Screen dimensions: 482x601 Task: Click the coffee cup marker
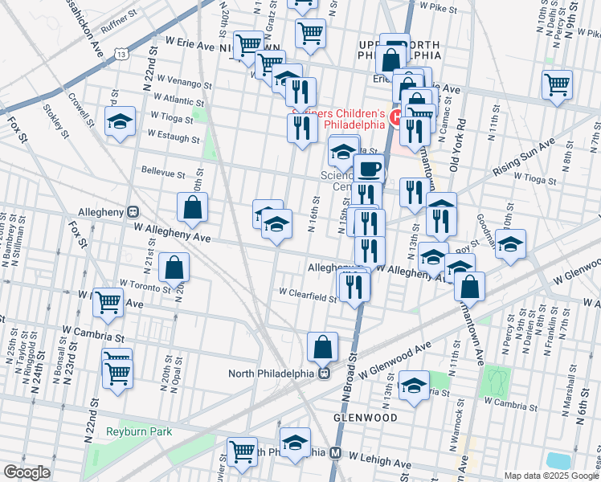370,170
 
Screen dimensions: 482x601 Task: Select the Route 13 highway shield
121,54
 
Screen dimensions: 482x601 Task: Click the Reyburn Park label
139,432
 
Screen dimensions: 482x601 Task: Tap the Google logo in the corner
27,472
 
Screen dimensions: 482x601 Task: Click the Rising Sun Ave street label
525,157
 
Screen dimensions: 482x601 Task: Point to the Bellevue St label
163,172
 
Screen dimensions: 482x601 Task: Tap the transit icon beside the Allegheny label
133,212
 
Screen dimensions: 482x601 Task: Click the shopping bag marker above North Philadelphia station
322,348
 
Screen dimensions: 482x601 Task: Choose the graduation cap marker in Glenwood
414,387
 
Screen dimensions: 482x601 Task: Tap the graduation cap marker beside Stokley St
121,122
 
